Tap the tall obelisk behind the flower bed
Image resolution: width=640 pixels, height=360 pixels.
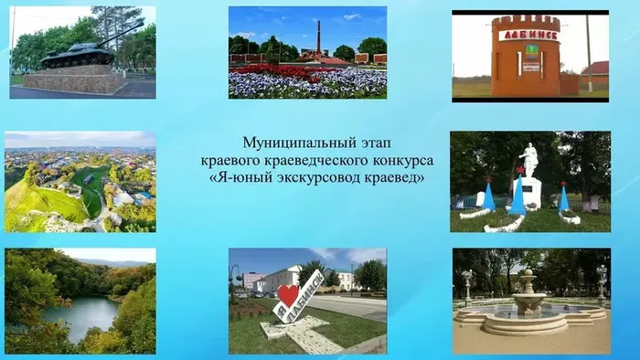click(x=319, y=37)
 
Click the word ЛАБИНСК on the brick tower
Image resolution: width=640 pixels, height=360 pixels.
click(x=528, y=36)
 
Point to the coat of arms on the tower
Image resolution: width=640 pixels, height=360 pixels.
click(x=530, y=52)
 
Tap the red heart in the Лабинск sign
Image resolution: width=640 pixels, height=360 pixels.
click(x=288, y=295)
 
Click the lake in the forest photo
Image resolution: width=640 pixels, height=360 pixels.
click(x=81, y=317)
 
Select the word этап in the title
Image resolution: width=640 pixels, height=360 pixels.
click(x=376, y=143)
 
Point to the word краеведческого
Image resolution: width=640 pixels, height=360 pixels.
click(x=317, y=161)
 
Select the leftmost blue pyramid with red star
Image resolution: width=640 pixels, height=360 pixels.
click(x=488, y=195)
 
